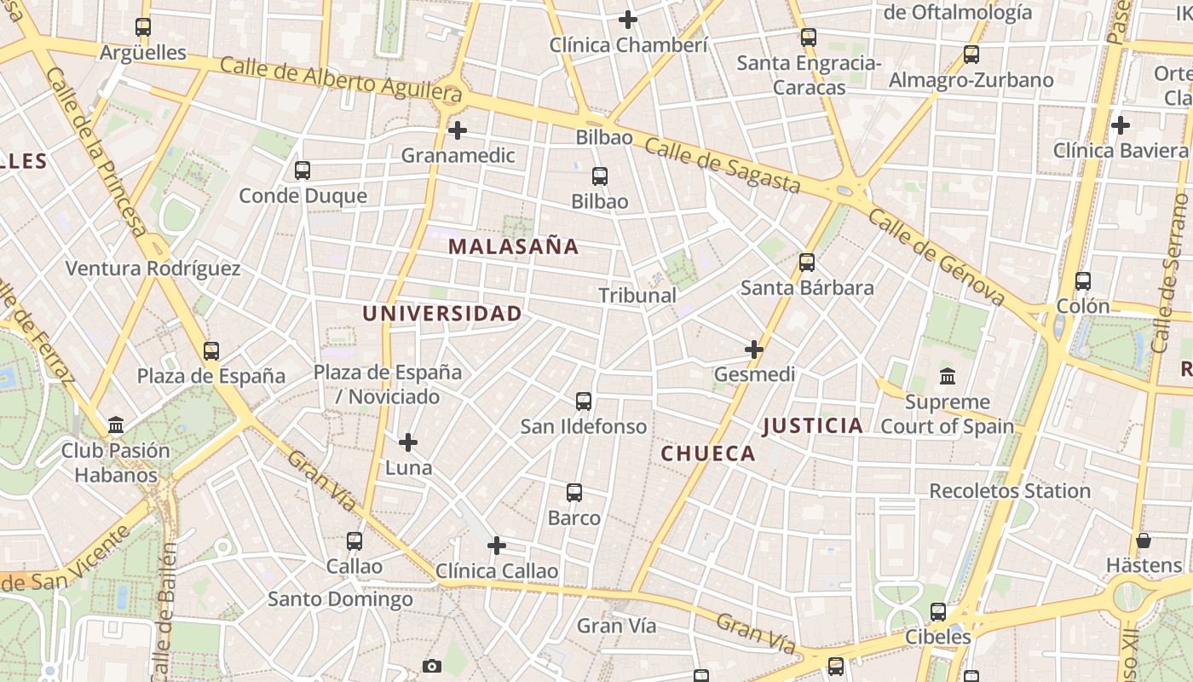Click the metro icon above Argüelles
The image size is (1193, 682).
(x=143, y=27)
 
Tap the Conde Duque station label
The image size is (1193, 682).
(x=303, y=195)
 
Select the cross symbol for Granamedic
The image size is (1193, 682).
(x=458, y=130)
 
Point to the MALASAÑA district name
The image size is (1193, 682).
(x=513, y=247)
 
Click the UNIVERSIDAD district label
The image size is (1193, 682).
(x=441, y=314)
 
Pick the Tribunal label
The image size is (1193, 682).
(x=637, y=296)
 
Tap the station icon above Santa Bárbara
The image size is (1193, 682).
(x=807, y=263)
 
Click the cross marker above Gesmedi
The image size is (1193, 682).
(x=754, y=350)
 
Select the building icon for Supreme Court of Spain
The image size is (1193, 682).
(x=948, y=376)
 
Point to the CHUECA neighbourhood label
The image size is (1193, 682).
(x=708, y=454)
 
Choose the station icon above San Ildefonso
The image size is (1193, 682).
(x=584, y=402)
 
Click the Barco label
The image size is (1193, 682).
(x=573, y=518)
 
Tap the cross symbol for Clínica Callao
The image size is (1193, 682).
(x=497, y=546)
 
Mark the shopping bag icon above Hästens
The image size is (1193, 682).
(x=1144, y=540)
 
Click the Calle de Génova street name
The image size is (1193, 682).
(x=937, y=256)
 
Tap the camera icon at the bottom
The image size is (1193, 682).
(x=432, y=666)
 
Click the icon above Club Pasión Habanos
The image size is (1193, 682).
(x=116, y=425)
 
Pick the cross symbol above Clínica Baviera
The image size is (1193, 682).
(x=1121, y=125)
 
